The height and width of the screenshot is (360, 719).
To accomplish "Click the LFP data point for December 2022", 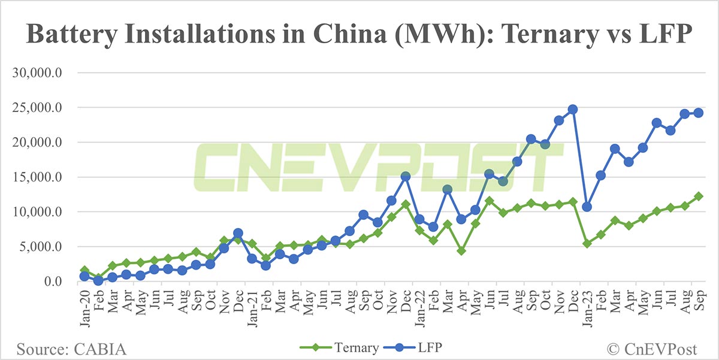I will tap(572, 110).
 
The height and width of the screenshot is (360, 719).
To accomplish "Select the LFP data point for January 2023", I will tap(587, 207).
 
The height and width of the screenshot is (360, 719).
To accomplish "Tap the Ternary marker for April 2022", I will tap(461, 251).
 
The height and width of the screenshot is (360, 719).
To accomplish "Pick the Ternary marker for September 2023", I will tap(698, 196).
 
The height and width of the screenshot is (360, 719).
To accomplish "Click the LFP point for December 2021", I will tap(405, 177).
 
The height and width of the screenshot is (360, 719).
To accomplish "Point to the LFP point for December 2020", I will tap(238, 233).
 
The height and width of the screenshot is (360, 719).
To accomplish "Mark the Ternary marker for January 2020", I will tap(84, 271).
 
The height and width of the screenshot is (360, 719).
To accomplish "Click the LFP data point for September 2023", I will tap(698, 113).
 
